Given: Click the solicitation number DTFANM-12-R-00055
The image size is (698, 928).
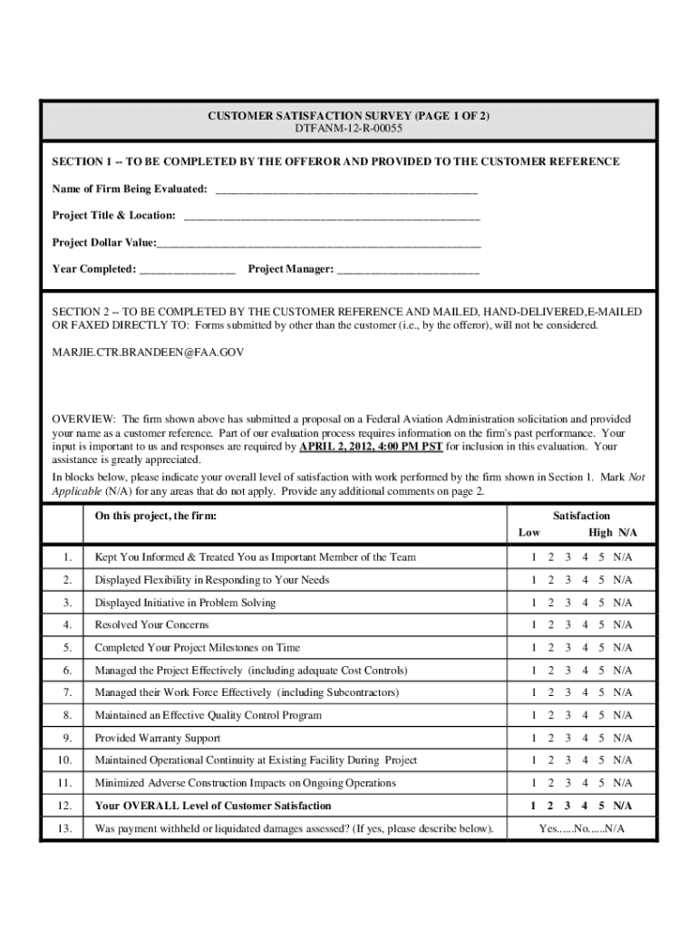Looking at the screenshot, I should (349, 130).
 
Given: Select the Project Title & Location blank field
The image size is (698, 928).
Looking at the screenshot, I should (332, 217).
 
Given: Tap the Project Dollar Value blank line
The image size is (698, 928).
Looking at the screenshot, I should (318, 245).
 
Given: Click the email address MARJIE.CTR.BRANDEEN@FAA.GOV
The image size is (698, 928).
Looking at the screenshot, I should (148, 351).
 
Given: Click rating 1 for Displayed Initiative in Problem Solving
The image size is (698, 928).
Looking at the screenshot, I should (535, 603).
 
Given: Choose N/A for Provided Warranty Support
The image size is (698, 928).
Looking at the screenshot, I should (623, 739).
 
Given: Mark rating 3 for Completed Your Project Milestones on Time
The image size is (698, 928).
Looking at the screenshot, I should (567, 648).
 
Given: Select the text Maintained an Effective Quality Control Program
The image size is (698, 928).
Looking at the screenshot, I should (208, 716).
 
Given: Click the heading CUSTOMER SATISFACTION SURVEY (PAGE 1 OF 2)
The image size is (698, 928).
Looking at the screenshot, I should (349, 117).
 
